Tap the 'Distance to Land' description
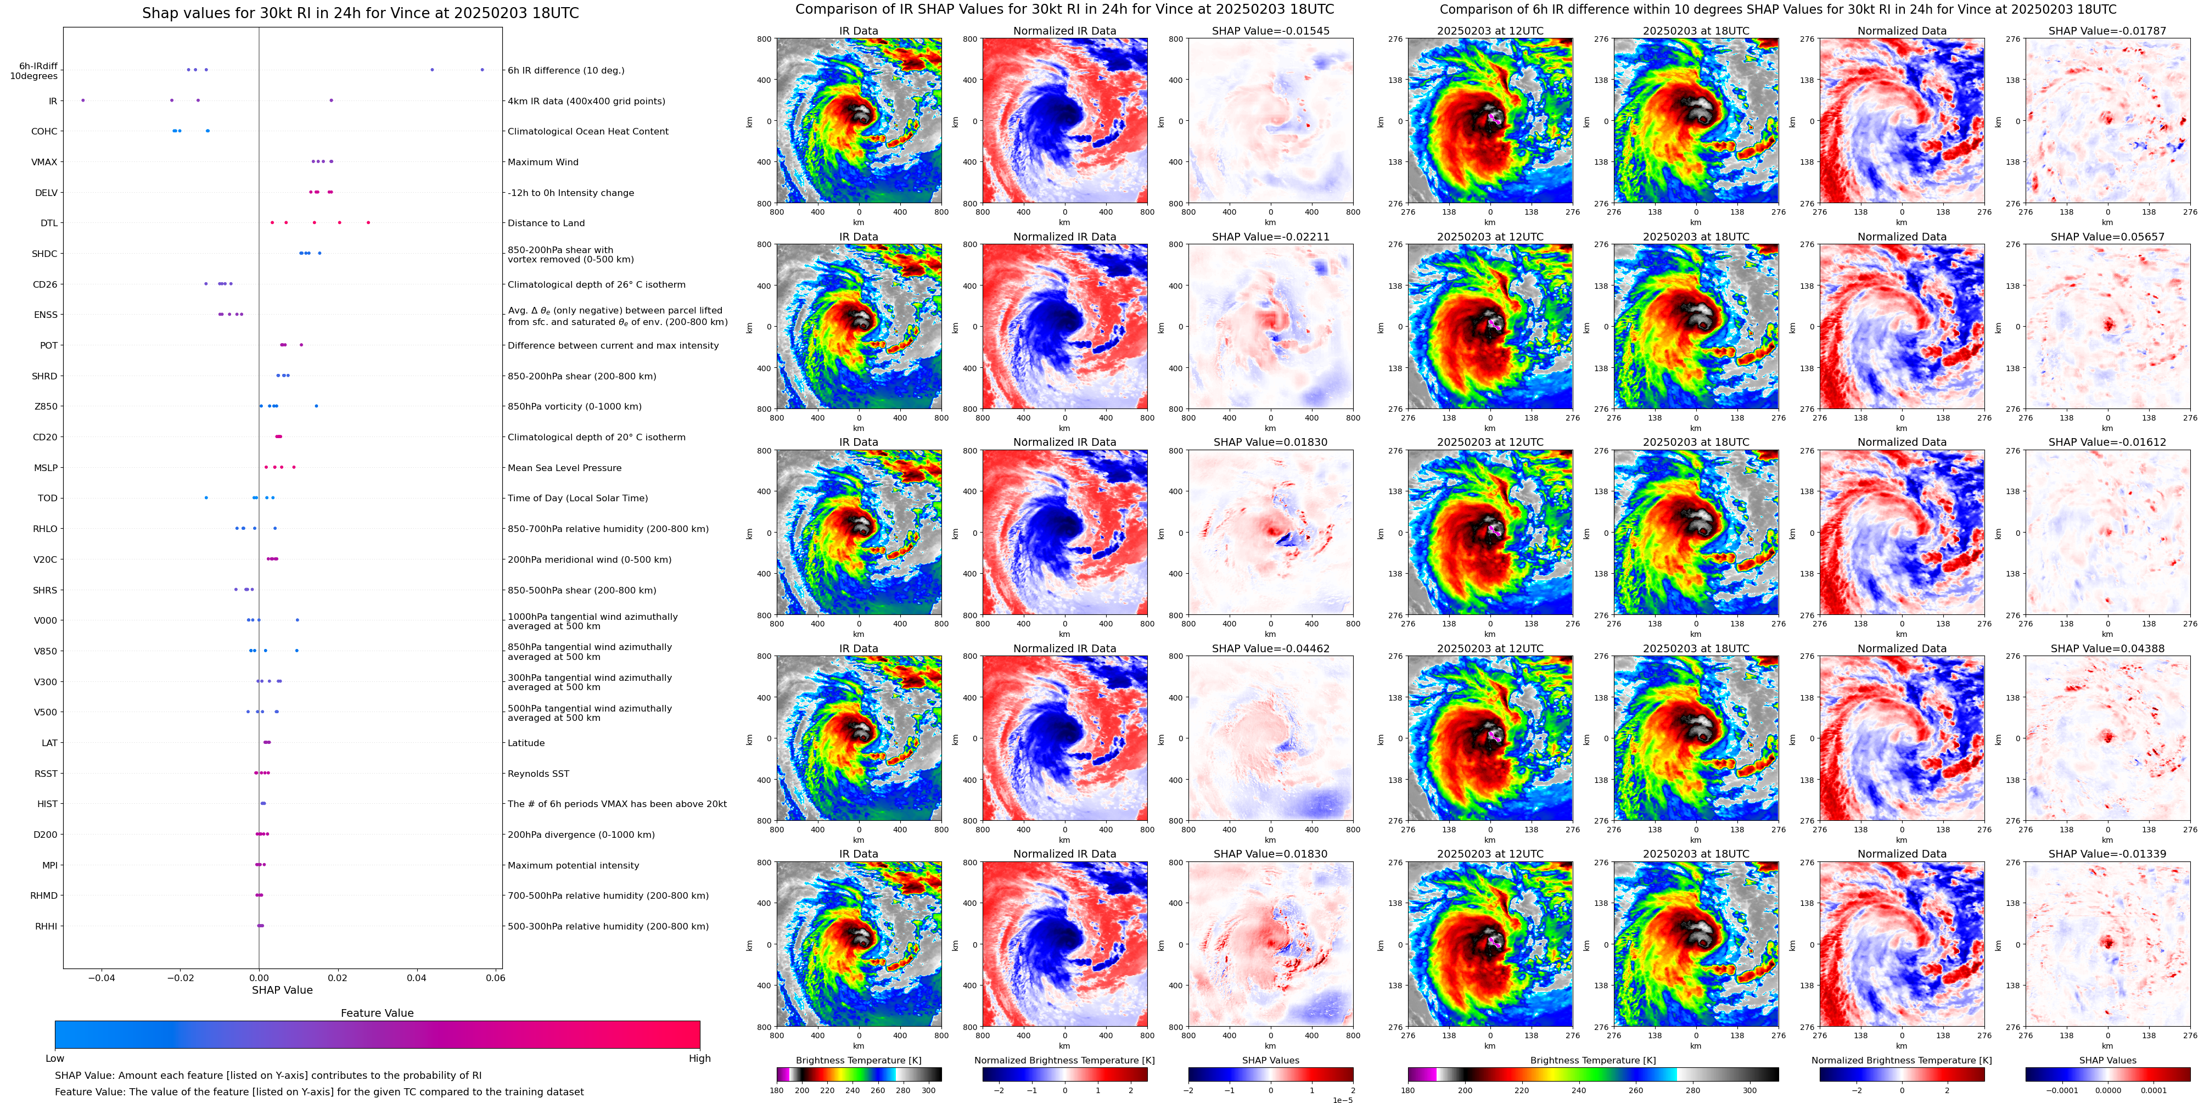tap(546, 223)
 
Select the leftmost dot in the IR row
tap(83, 100)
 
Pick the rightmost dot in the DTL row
tap(368, 222)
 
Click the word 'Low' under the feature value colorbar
tap(55, 1059)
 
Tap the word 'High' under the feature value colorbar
tap(699, 1059)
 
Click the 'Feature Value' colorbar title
tap(377, 1013)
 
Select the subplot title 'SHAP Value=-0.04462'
tap(1270, 648)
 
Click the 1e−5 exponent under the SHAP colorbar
tap(1342, 1100)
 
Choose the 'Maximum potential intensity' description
tap(573, 866)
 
